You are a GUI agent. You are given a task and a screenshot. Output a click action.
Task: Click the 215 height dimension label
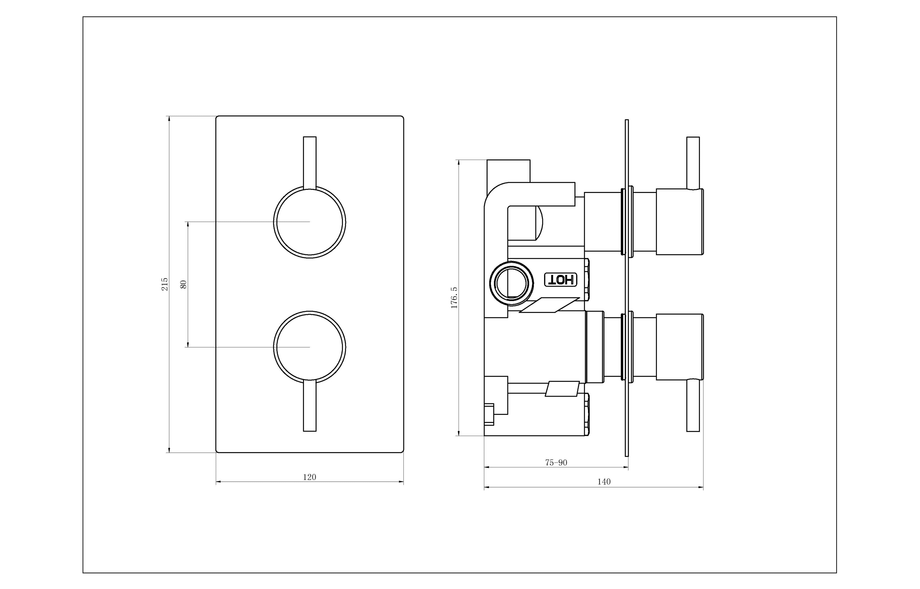164,284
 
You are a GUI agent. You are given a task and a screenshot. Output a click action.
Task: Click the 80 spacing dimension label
184,284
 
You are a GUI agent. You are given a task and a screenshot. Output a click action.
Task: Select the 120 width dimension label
309,477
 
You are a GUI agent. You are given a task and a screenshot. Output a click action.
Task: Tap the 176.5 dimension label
454,298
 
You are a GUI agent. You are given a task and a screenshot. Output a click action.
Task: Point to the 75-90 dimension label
556,462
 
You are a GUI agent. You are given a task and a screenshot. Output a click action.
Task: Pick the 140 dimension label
604,481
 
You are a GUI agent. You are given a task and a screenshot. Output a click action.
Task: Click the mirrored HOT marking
561,280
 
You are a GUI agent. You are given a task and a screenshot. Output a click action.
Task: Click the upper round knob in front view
309,222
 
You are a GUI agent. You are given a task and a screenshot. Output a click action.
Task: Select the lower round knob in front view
309,347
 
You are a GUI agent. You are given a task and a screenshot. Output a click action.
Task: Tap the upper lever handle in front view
309,162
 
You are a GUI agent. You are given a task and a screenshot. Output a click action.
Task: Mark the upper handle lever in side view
693,162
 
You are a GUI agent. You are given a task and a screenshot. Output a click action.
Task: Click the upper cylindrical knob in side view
679,222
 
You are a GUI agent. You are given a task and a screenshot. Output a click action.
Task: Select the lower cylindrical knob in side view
679,347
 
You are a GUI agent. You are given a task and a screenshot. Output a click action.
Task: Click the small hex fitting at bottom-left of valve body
489,414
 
